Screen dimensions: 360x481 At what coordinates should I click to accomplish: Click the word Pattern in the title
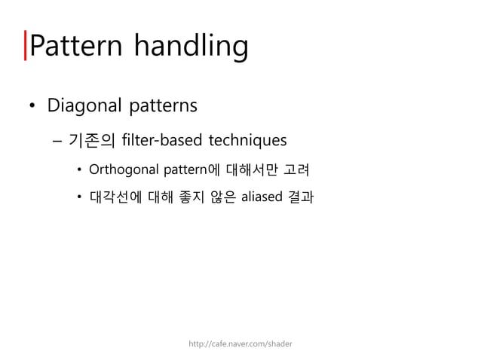click(x=78, y=46)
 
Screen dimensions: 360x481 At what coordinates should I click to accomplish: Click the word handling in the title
click(x=191, y=47)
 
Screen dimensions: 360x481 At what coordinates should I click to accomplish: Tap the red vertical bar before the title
click(x=26, y=46)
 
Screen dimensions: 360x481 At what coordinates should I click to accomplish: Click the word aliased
click(x=260, y=199)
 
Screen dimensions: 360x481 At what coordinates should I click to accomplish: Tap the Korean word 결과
click(x=301, y=199)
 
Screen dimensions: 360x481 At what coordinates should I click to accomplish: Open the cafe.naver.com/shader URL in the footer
click(x=240, y=343)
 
